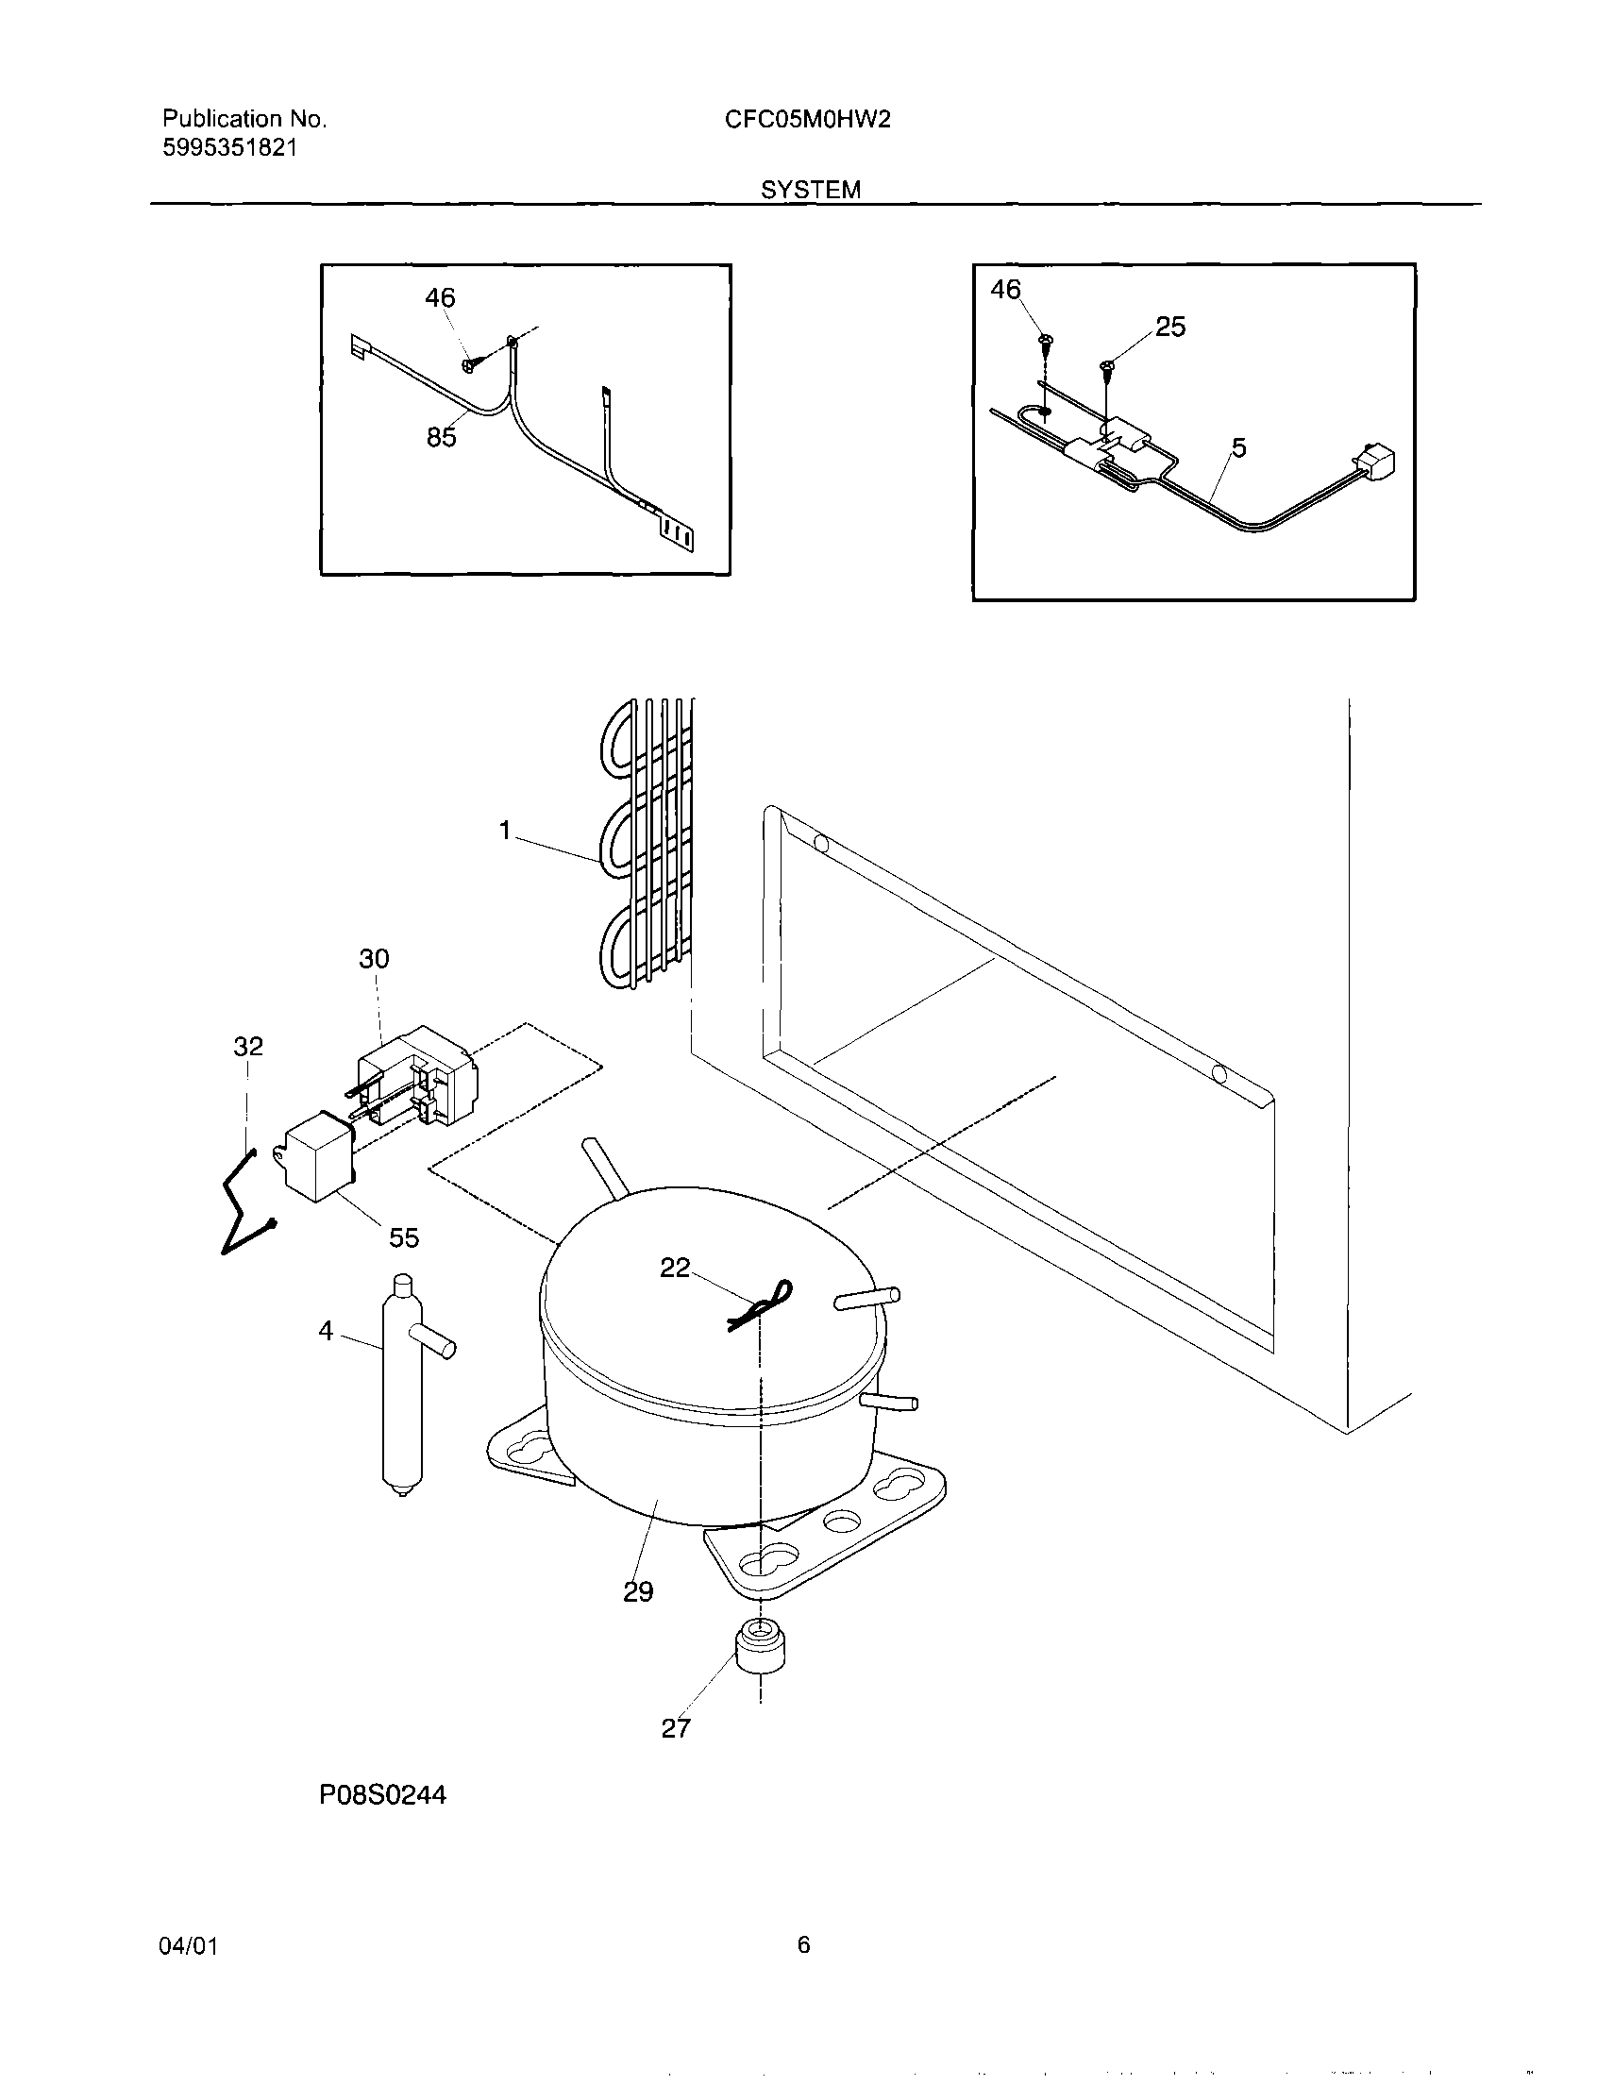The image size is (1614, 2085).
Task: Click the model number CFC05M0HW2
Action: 806,119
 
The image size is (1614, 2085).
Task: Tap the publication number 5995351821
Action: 229,148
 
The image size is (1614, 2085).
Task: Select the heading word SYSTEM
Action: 811,190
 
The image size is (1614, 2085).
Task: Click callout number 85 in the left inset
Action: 441,437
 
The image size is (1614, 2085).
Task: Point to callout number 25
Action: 1170,327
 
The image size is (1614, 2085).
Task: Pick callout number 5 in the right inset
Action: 1238,447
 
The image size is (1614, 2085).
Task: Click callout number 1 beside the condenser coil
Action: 506,831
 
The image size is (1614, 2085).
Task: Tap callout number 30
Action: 374,958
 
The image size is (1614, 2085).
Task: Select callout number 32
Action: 248,1047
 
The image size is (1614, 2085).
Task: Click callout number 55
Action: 404,1238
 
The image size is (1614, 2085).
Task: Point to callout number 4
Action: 327,1330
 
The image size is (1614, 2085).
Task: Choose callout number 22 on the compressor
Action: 675,1268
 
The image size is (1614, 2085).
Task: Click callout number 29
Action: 638,1591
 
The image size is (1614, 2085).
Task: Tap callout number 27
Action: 676,1728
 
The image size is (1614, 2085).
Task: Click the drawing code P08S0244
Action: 383,1796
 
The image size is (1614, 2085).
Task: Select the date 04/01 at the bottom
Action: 190,1945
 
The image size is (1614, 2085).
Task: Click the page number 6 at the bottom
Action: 803,1944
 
